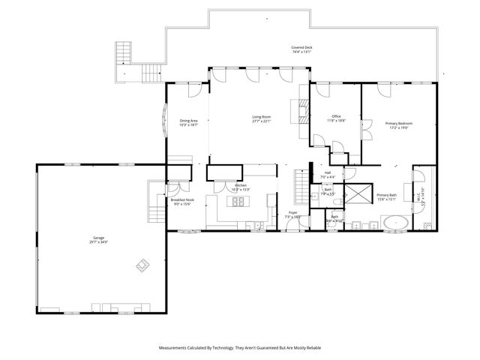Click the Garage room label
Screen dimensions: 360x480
coord(99,240)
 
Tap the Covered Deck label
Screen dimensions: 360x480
coord(301,50)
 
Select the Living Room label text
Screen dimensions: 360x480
coord(261,118)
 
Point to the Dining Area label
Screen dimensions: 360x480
coord(188,123)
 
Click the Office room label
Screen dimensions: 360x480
coord(336,118)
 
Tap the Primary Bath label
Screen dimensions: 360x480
coord(386,197)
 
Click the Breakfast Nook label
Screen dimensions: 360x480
coord(181,202)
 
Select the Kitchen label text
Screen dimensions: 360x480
coord(241,187)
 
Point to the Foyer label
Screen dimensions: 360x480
coord(293,214)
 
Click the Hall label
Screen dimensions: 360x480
coord(328,174)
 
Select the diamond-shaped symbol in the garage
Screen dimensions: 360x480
coord(142,264)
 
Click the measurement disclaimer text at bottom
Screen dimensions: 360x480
coord(240,348)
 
